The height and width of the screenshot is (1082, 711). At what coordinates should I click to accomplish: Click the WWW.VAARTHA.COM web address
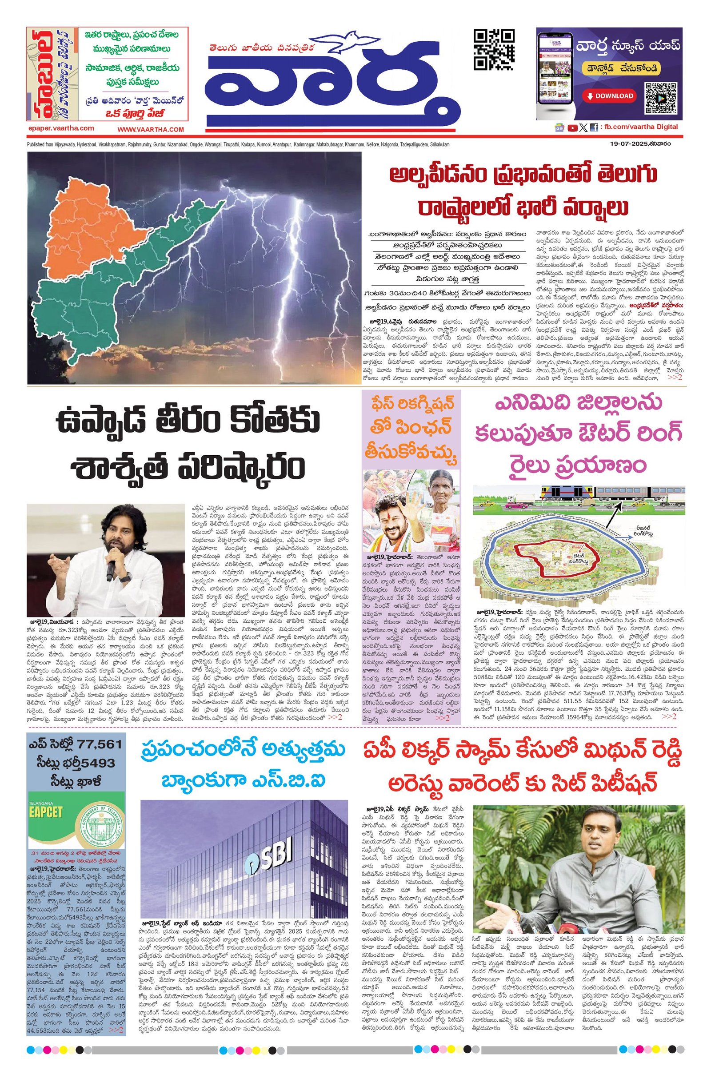click(x=151, y=129)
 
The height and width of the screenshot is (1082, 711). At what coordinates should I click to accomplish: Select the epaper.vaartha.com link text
click(x=60, y=128)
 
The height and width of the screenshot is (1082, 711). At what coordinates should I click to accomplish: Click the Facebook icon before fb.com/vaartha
click(x=594, y=128)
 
